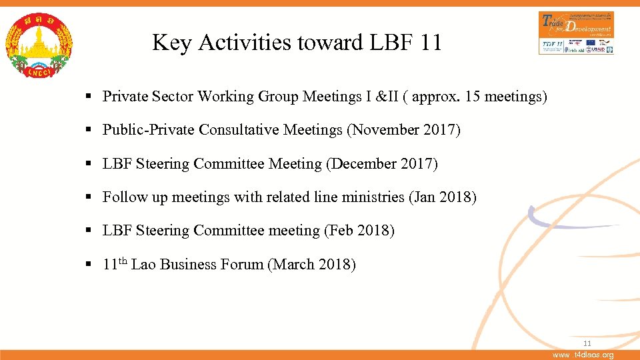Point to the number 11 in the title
[x=431, y=43]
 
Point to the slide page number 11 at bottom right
[x=587, y=343]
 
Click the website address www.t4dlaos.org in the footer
[x=584, y=355]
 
